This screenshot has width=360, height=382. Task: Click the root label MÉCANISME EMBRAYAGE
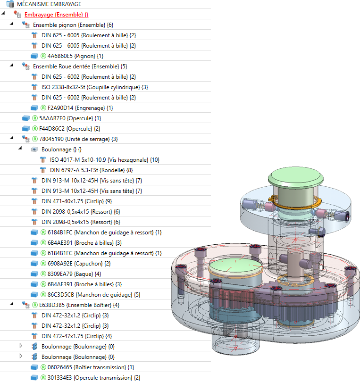(49, 4)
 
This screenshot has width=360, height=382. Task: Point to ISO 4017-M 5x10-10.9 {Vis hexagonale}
(105, 159)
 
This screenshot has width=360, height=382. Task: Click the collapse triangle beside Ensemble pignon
(11, 25)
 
